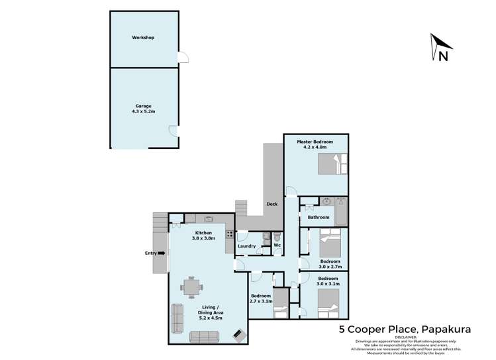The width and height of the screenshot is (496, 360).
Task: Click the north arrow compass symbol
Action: [439, 48]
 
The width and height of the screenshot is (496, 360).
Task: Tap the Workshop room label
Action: [143, 38]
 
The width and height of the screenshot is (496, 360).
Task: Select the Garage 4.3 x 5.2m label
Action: [144, 109]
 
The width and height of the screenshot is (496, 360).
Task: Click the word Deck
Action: [272, 204]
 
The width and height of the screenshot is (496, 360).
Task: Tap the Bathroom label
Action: [318, 217]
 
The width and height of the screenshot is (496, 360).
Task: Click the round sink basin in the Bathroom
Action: [327, 201]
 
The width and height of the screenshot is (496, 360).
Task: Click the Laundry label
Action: [247, 246]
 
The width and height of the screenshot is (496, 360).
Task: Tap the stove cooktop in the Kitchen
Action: [230, 234]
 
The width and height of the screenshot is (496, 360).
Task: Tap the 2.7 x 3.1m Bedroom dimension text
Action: [261, 301]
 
